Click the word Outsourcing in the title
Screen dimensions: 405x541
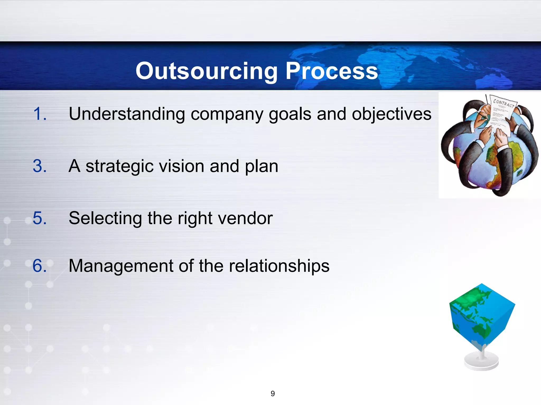[x=206, y=71]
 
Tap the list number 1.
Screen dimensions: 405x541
[x=40, y=114]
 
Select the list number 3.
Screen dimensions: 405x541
[x=40, y=166]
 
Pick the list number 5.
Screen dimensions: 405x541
[x=40, y=218]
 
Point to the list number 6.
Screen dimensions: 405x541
[x=40, y=266]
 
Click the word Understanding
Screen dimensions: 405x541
[x=127, y=114]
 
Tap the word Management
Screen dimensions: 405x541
[x=120, y=266]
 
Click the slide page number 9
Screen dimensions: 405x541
[x=273, y=394]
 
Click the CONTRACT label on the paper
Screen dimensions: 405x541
[x=503, y=103]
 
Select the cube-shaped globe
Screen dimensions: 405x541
[x=482, y=316]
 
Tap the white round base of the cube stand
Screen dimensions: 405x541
[x=481, y=362]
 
